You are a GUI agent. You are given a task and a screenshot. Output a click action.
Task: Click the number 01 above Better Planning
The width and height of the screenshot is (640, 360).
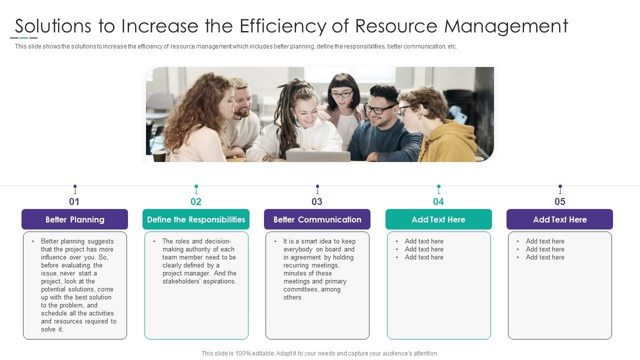coord(74,202)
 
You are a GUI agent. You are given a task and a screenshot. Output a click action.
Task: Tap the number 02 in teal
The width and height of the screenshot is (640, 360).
coord(196,202)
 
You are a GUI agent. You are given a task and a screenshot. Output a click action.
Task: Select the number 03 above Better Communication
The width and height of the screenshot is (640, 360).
coord(317,202)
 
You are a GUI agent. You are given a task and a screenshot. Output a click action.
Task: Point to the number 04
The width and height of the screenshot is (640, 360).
coord(438,202)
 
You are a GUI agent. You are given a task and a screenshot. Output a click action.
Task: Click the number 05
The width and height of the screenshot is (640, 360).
coord(560,202)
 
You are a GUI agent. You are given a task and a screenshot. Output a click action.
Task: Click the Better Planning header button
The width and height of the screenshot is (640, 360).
coord(74,219)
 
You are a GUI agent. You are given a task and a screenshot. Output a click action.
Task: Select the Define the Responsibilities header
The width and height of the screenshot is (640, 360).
coord(196,219)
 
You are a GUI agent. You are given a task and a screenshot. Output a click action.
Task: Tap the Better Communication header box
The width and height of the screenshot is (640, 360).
coord(317,219)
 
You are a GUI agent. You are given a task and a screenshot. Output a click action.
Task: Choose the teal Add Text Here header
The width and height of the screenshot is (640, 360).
coord(438,219)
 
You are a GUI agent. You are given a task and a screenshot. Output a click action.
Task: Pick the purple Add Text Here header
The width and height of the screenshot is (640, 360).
coord(559,219)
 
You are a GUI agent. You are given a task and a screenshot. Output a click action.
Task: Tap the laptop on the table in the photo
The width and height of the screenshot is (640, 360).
coord(318,156)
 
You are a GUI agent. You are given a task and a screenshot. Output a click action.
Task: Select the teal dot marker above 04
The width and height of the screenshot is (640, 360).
coord(438,186)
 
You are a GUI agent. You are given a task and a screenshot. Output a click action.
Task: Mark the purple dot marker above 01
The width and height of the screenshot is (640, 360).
coord(75,186)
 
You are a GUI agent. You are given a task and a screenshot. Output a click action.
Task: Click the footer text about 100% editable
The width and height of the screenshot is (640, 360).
coord(320,353)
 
